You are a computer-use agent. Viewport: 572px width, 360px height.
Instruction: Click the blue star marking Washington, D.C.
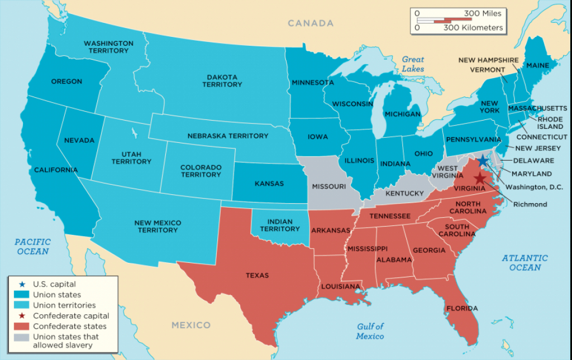(x=483, y=160)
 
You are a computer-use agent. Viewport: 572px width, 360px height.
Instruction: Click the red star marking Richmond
(x=479, y=178)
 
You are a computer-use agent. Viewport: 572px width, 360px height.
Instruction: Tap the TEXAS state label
(x=257, y=275)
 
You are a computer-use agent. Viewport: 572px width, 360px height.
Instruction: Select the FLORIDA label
(x=461, y=308)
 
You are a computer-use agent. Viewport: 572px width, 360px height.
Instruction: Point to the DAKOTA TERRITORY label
(x=222, y=80)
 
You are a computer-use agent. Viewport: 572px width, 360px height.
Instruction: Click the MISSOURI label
(x=329, y=186)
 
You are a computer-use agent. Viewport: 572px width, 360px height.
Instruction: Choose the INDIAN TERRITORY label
(x=280, y=225)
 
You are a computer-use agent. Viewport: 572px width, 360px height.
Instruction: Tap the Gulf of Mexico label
(x=370, y=331)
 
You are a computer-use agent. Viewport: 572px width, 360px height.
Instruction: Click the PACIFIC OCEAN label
(x=32, y=246)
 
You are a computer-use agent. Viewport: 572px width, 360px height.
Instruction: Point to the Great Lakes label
(x=413, y=64)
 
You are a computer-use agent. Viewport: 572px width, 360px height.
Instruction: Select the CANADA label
(x=311, y=23)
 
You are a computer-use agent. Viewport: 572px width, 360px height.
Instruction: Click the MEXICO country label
(x=191, y=325)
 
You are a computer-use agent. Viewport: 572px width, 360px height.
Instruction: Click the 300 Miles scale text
(x=483, y=13)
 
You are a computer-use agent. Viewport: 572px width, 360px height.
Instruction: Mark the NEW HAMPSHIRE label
(x=488, y=60)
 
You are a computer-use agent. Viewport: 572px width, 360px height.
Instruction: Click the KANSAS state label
(x=269, y=183)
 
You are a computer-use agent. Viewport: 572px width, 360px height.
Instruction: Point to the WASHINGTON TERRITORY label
(x=108, y=47)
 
